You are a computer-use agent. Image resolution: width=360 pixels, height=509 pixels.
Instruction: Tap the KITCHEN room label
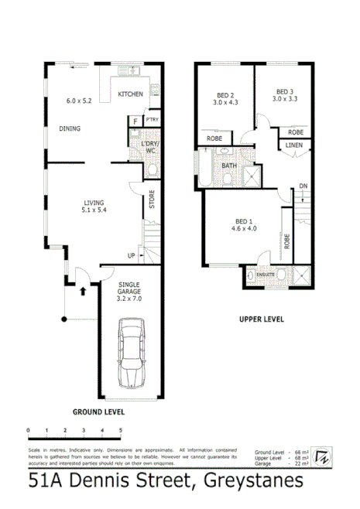pyautogui.click(x=130, y=94)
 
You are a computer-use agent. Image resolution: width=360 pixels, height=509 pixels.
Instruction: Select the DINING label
pyautogui.click(x=70, y=129)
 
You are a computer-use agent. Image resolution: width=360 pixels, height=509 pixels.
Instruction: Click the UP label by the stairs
pyautogui.click(x=132, y=255)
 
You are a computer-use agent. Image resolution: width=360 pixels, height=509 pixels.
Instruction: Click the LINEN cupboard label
pyautogui.click(x=293, y=145)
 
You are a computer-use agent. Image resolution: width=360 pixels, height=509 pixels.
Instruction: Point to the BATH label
pyautogui.click(x=229, y=166)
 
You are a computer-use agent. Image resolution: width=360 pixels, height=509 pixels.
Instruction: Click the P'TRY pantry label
pyautogui.click(x=152, y=120)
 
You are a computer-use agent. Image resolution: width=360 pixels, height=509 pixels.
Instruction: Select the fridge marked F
pyautogui.click(x=136, y=121)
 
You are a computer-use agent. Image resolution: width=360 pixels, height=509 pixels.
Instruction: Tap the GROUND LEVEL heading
pyautogui.click(x=98, y=412)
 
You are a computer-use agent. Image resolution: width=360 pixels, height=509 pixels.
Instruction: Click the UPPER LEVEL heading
pyautogui.click(x=260, y=319)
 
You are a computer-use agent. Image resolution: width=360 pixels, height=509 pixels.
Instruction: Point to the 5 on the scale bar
pyautogui.click(x=121, y=429)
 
